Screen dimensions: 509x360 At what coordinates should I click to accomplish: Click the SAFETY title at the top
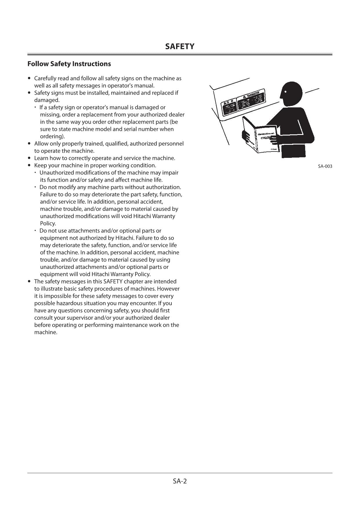point(180,46)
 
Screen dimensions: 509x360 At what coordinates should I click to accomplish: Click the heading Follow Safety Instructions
point(69,64)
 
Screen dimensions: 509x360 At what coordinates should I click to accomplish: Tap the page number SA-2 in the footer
point(180,481)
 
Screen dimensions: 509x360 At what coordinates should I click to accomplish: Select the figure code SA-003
point(325,166)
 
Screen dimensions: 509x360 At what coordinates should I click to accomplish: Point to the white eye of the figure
point(285,92)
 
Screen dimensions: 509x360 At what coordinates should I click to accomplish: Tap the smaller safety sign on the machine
point(229,107)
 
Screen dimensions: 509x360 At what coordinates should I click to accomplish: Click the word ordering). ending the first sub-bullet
point(52,136)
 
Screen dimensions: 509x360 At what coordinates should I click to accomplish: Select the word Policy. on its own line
point(48,223)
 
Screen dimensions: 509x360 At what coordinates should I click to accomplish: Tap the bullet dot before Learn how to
point(29,158)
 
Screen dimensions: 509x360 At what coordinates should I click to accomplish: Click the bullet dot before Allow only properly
point(29,143)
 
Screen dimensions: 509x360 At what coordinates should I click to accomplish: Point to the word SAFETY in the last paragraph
point(113,281)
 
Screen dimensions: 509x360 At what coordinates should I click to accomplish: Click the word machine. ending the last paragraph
point(46,332)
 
